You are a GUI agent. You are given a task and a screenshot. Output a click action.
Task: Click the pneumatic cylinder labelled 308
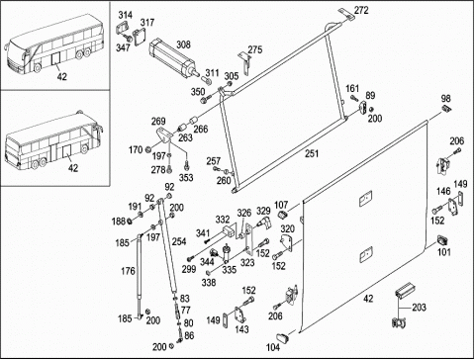pos(174,59)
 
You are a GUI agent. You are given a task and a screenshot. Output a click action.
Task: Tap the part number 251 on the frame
pos(312,153)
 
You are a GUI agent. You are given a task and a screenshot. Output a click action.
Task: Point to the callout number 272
pos(361,10)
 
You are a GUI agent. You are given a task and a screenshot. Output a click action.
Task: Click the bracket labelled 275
pos(245,63)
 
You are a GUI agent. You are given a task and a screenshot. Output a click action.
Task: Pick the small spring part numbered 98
pos(447,109)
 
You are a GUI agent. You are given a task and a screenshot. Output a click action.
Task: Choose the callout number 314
pos(126,15)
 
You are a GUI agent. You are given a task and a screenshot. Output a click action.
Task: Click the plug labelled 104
pos(282,337)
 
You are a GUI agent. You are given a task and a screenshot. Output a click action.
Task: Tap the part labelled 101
pos(442,240)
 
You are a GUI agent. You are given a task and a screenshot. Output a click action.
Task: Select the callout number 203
pos(419,308)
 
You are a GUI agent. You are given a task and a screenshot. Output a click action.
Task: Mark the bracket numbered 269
pos(164,135)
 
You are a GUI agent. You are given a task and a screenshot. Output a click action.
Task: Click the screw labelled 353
pos(187,163)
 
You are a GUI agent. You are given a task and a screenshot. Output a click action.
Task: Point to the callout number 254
pos(179,241)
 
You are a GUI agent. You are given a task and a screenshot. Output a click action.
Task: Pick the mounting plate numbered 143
pos(240,315)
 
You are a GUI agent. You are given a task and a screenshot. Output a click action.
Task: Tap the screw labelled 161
pos(354,98)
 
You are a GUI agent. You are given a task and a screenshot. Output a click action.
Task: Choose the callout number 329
pos(263,211)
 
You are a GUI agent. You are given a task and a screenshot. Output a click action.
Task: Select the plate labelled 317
pos(140,36)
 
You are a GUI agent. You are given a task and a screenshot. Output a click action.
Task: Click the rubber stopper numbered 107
pos(283,215)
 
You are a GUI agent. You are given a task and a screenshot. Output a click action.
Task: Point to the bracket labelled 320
pos(287,243)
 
